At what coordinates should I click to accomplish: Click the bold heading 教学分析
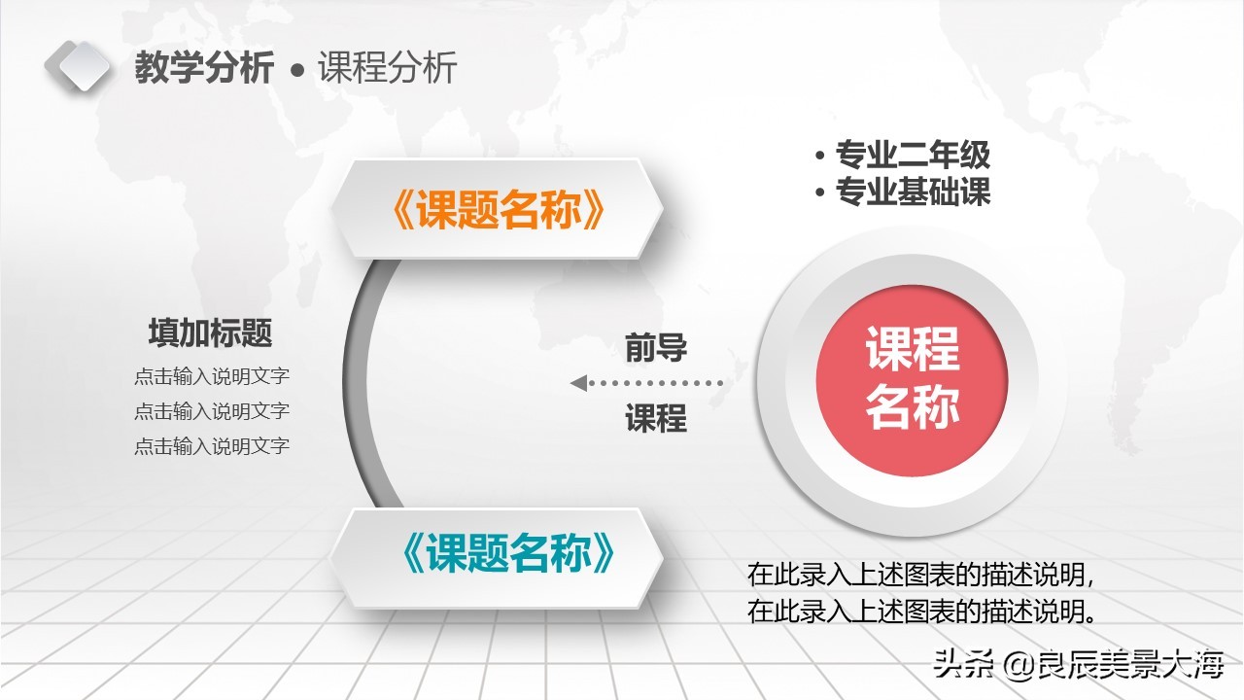(x=204, y=70)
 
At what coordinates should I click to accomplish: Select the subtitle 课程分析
(x=387, y=70)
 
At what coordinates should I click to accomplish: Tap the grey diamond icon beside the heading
(x=78, y=66)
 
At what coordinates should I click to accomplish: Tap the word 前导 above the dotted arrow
(x=656, y=347)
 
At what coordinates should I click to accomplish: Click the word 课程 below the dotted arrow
(x=656, y=419)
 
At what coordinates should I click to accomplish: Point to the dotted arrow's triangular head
(x=578, y=383)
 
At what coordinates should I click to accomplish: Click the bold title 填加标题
(x=210, y=333)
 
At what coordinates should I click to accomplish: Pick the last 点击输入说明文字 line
(x=212, y=447)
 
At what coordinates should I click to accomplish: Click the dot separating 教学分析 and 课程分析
(x=298, y=72)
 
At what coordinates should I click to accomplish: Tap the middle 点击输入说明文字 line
(x=212, y=412)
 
